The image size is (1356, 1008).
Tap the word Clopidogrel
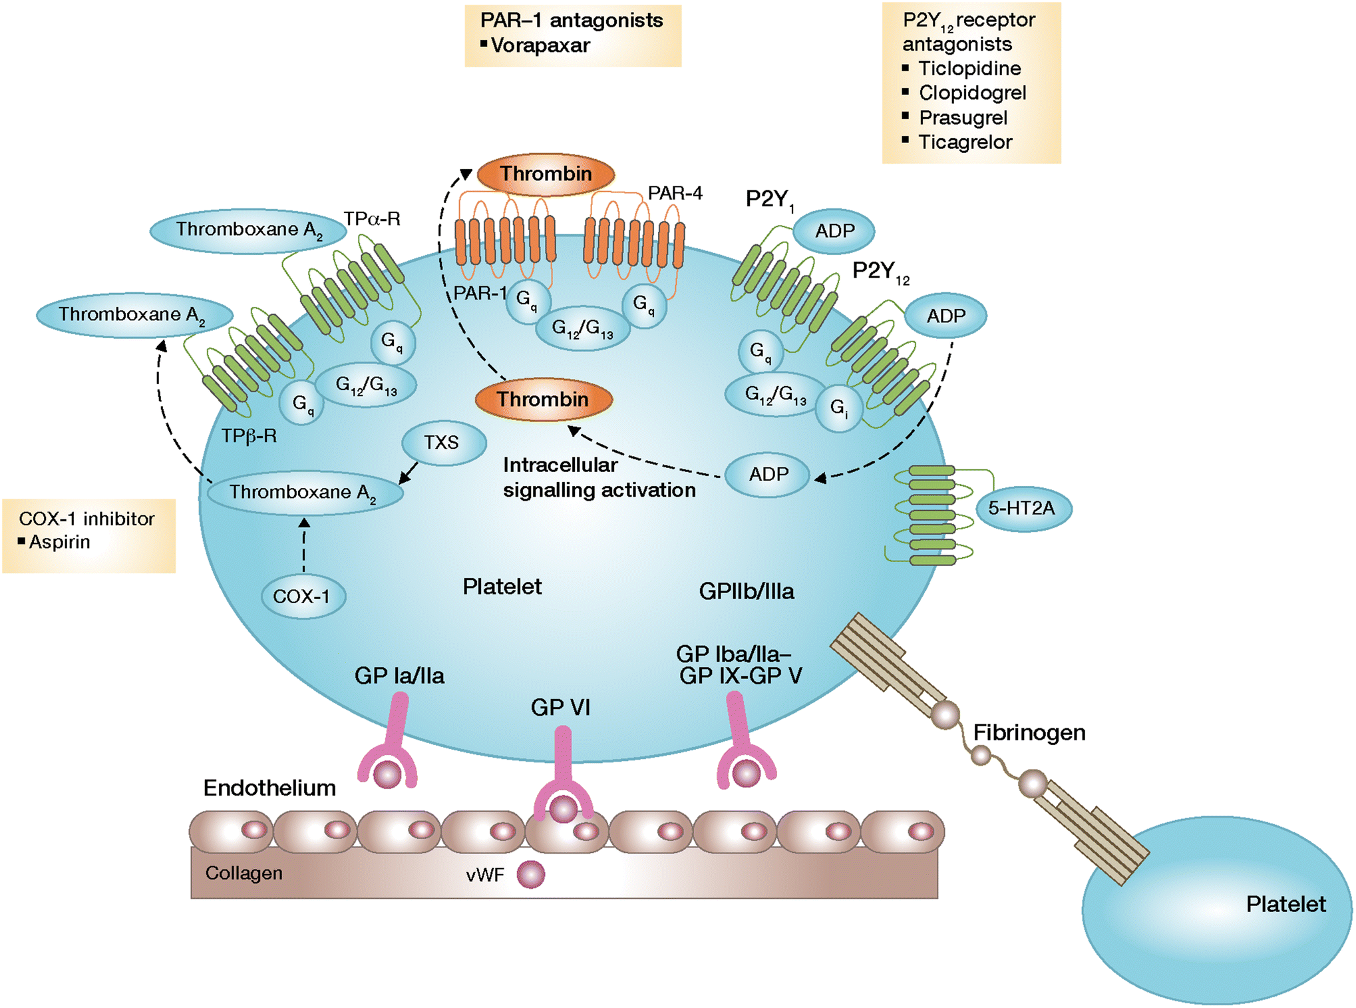[x=971, y=93]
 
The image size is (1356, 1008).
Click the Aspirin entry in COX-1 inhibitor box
[x=59, y=542]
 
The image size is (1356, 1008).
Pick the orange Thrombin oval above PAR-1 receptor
[x=546, y=174]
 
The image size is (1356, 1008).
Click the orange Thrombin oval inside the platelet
[x=543, y=399]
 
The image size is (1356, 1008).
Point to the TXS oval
[x=442, y=443]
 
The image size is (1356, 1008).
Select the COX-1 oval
[x=301, y=597]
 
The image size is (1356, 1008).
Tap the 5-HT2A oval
[x=1021, y=509]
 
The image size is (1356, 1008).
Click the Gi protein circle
[x=838, y=407]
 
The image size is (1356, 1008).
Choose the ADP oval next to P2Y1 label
[x=834, y=231]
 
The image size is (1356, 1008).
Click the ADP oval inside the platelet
[x=768, y=475]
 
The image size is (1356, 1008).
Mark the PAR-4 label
[x=675, y=193]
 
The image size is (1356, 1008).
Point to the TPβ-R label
[x=248, y=436]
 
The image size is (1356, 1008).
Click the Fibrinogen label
[x=1029, y=732]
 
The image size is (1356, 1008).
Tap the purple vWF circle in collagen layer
[x=530, y=874]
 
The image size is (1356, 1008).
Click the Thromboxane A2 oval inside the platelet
[x=303, y=493]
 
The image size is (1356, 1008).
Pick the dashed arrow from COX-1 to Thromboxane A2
[x=304, y=546]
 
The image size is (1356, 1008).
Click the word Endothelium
[x=269, y=788]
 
